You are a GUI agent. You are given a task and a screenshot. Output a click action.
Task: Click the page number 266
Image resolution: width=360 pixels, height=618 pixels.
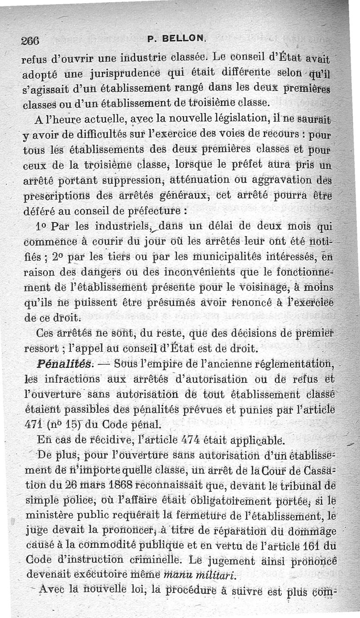[30, 40]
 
